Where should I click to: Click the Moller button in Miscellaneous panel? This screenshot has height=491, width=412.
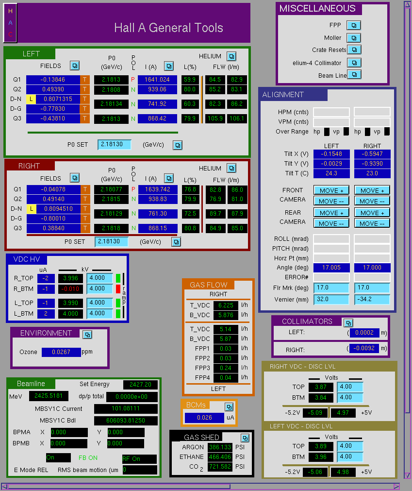(x=354, y=38)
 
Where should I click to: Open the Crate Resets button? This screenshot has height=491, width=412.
(x=354, y=50)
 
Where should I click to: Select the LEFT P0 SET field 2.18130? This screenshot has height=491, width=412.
(x=114, y=144)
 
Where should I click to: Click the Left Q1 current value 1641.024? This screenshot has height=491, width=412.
(x=157, y=80)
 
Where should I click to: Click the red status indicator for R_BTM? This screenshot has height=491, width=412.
(x=118, y=288)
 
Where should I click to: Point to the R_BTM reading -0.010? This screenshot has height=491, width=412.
(x=70, y=288)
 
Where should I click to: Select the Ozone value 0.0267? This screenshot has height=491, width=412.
(x=61, y=352)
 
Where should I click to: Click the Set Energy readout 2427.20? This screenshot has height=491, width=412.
(x=140, y=384)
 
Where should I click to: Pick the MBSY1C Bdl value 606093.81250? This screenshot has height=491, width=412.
(x=126, y=420)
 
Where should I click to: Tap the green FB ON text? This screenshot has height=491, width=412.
(x=88, y=458)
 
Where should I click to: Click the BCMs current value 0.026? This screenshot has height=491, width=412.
(x=205, y=417)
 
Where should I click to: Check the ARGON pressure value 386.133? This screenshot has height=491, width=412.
(x=220, y=447)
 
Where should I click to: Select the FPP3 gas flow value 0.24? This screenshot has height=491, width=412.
(x=226, y=368)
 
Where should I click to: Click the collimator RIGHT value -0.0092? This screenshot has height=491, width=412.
(x=364, y=348)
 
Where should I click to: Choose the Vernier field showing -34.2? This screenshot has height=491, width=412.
(x=372, y=299)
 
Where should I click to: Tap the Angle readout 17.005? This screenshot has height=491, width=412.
(x=331, y=268)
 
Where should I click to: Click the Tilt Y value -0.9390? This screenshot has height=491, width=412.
(x=372, y=164)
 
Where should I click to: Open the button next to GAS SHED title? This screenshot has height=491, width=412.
(x=245, y=438)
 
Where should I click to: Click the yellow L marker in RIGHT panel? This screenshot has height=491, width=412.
(x=31, y=208)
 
